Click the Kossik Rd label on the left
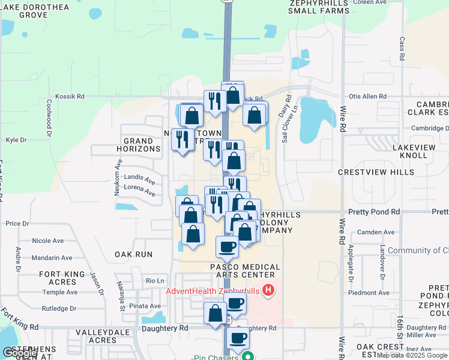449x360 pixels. click(70, 96)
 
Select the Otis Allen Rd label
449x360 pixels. click(367, 96)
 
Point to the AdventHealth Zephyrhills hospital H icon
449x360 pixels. click(268, 291)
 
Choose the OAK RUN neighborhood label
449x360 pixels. click(133, 254)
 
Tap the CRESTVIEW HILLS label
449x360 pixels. click(376, 172)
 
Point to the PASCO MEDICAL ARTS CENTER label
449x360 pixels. click(245, 271)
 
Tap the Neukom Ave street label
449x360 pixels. click(119, 175)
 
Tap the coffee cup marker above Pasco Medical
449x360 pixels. click(228, 246)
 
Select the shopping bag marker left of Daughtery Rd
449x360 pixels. click(215, 313)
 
